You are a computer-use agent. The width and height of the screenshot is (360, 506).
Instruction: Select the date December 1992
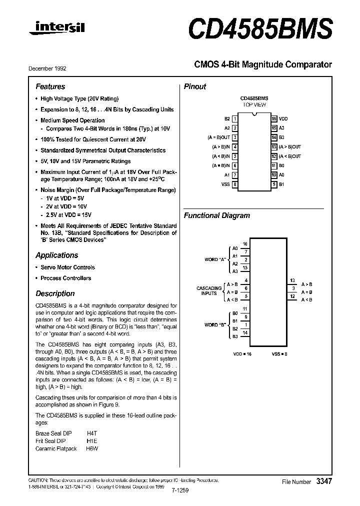click(51, 68)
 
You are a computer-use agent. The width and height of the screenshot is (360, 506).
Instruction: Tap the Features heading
click(50, 86)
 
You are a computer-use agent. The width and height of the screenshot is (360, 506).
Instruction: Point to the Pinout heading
click(195, 86)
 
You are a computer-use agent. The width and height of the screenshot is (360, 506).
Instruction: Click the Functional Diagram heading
click(217, 215)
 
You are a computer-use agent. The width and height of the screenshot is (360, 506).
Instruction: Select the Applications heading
click(57, 255)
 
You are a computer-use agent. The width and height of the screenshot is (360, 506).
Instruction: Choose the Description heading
click(55, 293)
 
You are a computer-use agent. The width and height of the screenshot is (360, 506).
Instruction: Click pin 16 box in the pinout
click(274, 119)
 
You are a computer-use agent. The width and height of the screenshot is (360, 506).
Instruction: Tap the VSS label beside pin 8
click(225, 184)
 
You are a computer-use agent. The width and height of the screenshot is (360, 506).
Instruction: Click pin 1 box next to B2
click(234, 119)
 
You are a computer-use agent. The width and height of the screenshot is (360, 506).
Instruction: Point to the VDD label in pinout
click(283, 119)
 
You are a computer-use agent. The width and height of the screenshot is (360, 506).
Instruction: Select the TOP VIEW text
click(254, 105)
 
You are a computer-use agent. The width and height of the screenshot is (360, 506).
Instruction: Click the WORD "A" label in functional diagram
click(215, 259)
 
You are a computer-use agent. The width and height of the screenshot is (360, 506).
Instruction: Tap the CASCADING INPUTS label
click(209, 291)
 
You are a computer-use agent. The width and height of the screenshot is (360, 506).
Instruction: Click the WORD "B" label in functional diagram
click(215, 325)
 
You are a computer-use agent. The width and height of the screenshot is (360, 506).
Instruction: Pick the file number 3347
click(324, 480)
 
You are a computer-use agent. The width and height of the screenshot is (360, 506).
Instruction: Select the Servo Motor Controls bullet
click(67, 267)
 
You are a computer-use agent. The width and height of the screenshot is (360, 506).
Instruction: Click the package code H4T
click(92, 433)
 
